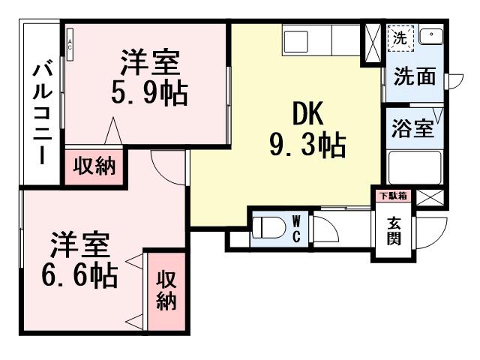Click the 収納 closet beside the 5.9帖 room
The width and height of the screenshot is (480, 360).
pyautogui.click(x=94, y=166)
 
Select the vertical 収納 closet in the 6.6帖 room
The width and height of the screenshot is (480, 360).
pyautogui.click(x=166, y=290)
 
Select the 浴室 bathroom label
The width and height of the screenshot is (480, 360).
pyautogui.click(x=412, y=127)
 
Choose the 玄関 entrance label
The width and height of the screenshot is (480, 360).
pyautogui.click(x=394, y=230)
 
